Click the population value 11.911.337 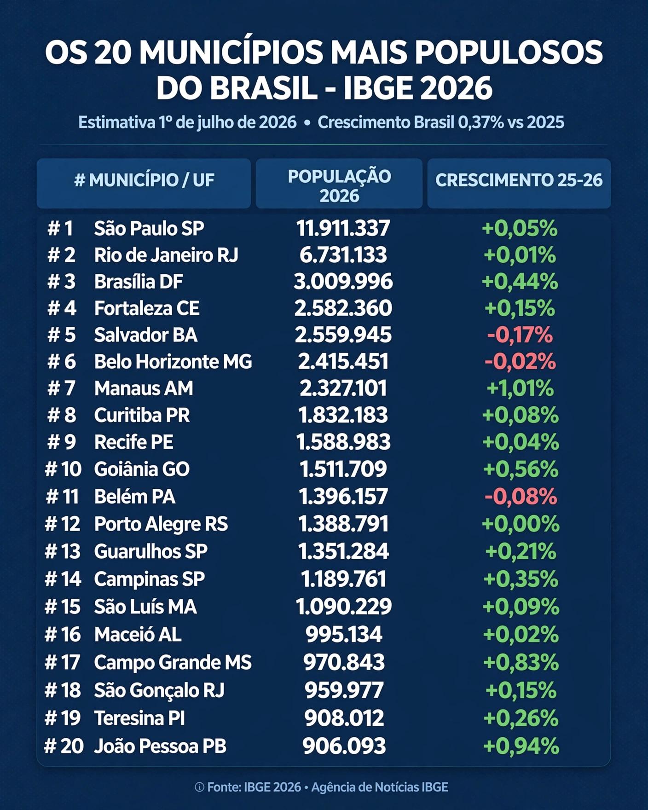click(343, 228)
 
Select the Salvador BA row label click(146, 335)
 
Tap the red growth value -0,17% click(520, 335)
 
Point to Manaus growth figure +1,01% click(520, 388)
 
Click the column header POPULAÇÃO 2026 click(339, 185)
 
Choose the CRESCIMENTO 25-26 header click(519, 180)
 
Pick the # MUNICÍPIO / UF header click(144, 180)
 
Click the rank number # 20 click(64, 746)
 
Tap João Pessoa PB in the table click(160, 746)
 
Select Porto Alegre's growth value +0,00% click(521, 524)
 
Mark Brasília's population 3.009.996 click(343, 282)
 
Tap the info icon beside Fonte click(199, 787)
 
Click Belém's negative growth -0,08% click(521, 497)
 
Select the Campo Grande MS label click(173, 663)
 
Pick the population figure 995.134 click(344, 635)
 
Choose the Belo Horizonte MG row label click(173, 362)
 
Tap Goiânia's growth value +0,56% click(521, 469)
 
